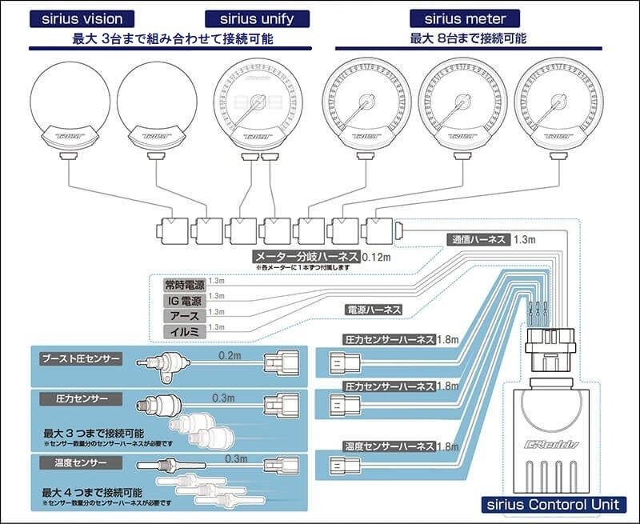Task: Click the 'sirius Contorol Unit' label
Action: point(554,504)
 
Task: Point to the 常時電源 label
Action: point(184,283)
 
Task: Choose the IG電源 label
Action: point(184,300)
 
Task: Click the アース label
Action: point(184,315)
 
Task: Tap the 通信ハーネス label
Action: point(476,239)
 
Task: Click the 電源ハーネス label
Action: point(373,309)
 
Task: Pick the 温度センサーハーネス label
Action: point(388,446)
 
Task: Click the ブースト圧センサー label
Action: point(80,358)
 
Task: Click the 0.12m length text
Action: point(376,257)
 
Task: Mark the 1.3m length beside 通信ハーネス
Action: point(525,239)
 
